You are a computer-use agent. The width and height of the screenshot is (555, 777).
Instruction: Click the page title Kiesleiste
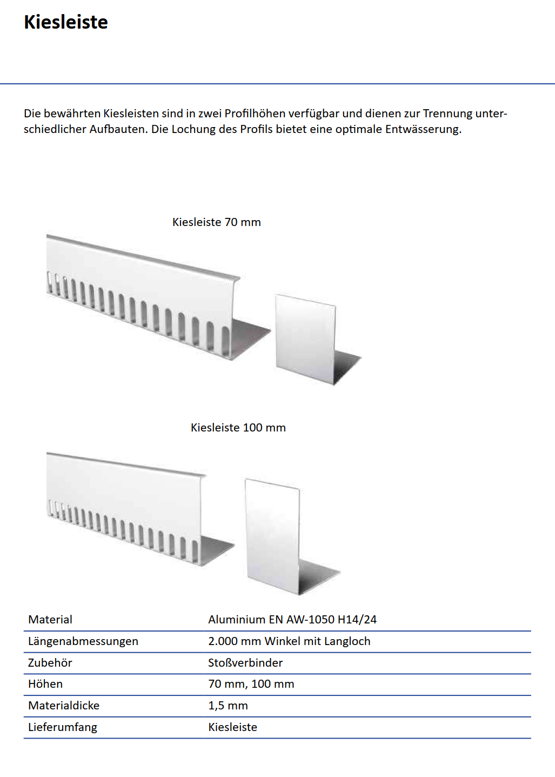[x=66, y=22]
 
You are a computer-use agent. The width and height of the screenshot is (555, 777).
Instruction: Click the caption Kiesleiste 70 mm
[x=216, y=222]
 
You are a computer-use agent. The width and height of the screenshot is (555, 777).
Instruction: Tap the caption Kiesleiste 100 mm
[x=238, y=428]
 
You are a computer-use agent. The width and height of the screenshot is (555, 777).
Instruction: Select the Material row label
[x=50, y=620]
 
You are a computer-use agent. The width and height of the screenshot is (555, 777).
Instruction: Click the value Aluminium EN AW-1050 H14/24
[x=292, y=620]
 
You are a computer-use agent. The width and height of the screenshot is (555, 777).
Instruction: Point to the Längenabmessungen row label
[x=83, y=641]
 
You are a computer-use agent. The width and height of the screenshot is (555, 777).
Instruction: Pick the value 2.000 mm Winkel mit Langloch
[x=289, y=641]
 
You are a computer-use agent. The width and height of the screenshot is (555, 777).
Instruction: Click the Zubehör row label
[x=50, y=663]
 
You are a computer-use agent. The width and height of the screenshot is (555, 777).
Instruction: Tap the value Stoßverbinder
[x=245, y=663]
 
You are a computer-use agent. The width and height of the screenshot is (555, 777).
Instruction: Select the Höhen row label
[x=45, y=684]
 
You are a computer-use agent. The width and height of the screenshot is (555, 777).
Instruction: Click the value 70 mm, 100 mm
[x=251, y=684]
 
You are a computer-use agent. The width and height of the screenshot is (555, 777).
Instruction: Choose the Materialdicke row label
[x=64, y=706]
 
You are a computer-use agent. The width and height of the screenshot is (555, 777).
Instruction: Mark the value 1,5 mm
[x=228, y=706]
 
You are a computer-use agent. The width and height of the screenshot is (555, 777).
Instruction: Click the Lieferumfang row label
[x=63, y=727]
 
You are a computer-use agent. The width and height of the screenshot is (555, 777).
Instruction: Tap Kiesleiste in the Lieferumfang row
[x=232, y=727]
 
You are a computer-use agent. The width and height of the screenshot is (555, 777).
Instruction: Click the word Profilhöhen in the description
[x=255, y=114]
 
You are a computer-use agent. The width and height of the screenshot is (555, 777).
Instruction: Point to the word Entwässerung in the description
[x=423, y=129]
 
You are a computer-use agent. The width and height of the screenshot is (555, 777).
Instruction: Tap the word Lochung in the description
[x=193, y=129]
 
